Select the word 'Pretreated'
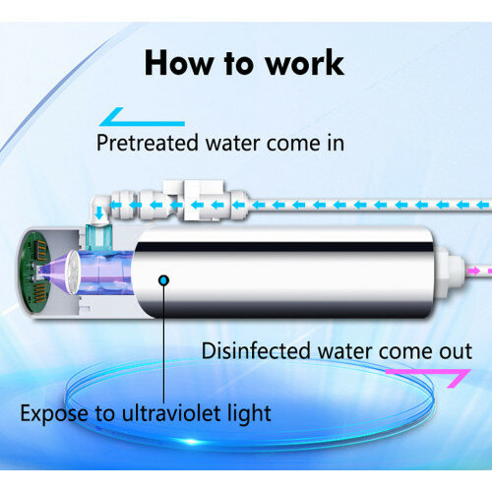click(148, 143)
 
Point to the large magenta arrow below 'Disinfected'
click(428, 378)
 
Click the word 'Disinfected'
click(256, 350)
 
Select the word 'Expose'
click(54, 414)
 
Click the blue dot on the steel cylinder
click(163, 280)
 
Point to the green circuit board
click(34, 272)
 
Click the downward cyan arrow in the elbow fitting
click(99, 214)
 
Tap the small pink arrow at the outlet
click(474, 271)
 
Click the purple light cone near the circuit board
click(54, 272)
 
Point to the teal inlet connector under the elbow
click(98, 237)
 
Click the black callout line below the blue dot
click(164, 344)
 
